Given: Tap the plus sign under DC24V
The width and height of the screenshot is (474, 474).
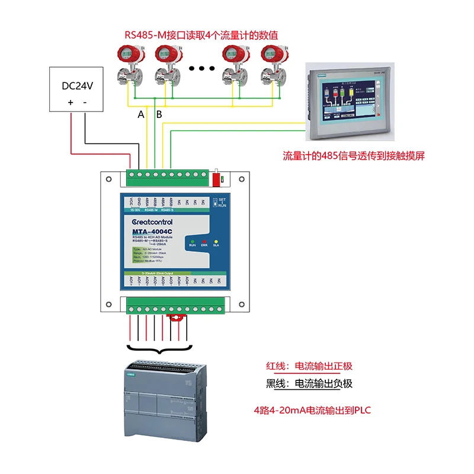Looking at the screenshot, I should coord(70,103).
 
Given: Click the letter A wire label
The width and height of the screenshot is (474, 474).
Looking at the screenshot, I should coord(140,114).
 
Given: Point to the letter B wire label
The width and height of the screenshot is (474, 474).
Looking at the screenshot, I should coord(159,114).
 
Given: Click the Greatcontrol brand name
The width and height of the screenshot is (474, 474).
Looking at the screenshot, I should coord(152,222).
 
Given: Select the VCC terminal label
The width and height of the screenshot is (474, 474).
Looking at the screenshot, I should coord(131,201).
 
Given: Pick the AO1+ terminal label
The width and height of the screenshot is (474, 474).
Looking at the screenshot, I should coord(131,281).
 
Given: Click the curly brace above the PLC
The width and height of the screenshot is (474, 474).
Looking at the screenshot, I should coord(158,351).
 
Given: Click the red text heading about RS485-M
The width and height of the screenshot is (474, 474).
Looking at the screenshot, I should coord(201,34).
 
